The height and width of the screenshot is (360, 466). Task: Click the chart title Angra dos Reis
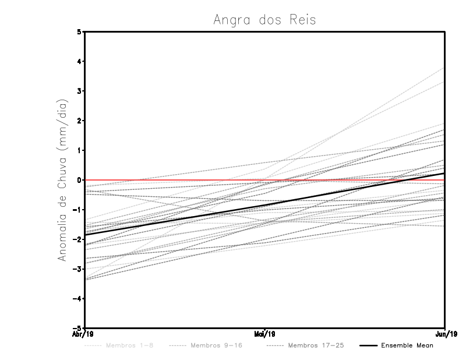pos(264,20)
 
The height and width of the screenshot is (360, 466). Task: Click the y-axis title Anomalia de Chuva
pos(62,180)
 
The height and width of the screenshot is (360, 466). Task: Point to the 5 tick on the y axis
pos(79,31)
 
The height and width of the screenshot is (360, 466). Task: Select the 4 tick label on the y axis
pos(79,61)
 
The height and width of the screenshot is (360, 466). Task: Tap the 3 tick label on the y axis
pos(79,91)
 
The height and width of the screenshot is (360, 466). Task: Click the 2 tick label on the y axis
pos(79,121)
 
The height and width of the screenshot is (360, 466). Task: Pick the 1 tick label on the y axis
pos(79,150)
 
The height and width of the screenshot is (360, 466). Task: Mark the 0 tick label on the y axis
pos(79,180)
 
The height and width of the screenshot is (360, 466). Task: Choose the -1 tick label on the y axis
pos(77,210)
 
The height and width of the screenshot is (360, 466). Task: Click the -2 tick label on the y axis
pos(77,239)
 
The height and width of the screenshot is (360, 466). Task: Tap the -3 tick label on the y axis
pos(77,269)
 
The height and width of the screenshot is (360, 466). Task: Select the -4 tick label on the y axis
pos(77,298)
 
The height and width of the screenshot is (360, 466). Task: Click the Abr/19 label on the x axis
pos(83,334)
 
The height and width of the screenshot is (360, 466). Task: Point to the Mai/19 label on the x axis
pos(265,334)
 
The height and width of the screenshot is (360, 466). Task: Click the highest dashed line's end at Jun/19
pos(445,68)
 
